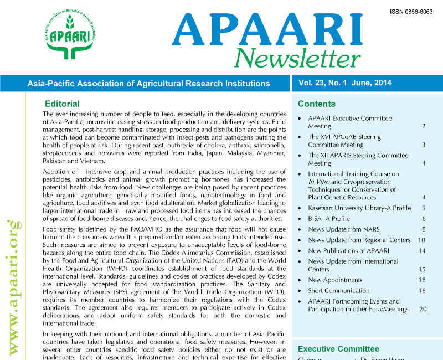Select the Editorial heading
point(62,104)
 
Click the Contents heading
point(317,104)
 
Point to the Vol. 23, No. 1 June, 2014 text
point(345,83)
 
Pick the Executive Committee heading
point(338,349)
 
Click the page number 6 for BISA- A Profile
point(423,219)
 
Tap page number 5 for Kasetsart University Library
point(423,208)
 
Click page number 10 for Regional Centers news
point(421,240)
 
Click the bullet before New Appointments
point(300,281)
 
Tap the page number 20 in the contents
point(423,309)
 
